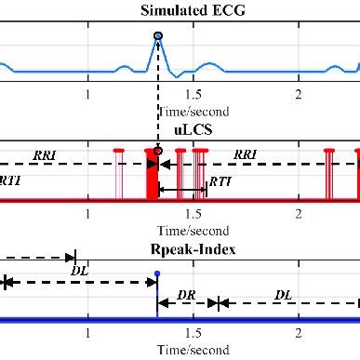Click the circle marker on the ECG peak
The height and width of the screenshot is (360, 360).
[x=158, y=35]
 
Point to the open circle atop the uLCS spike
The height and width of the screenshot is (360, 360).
[x=158, y=150]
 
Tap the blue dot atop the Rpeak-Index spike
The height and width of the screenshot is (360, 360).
[x=157, y=273]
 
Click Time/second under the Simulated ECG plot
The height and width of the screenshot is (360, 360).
[x=192, y=111]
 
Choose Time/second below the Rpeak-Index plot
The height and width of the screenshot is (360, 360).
[x=192, y=350]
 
